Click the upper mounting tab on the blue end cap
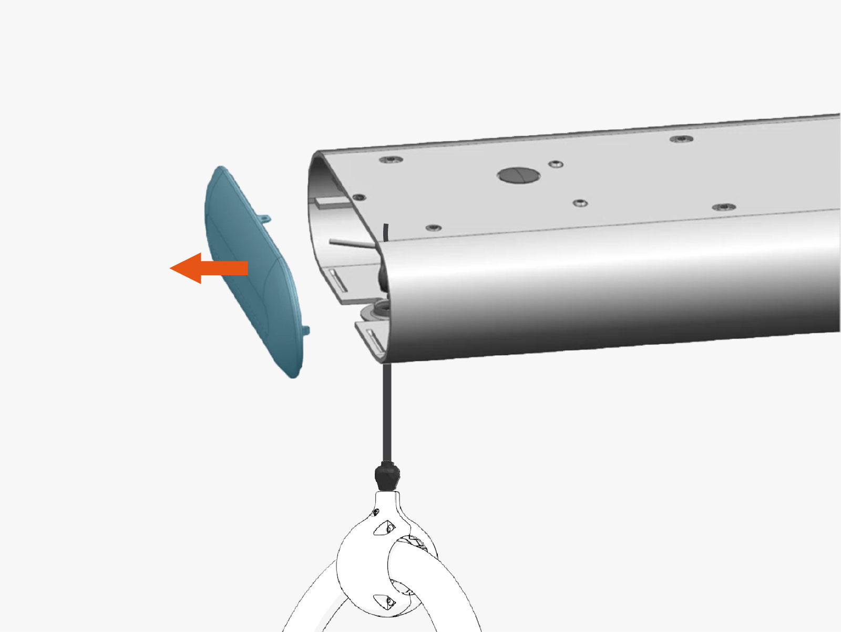click(265, 218)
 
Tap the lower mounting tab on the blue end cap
click(306, 330)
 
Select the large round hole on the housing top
click(518, 175)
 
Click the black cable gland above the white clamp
click(387, 475)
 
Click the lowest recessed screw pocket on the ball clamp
click(384, 600)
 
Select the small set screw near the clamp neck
click(376, 512)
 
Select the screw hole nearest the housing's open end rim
click(359, 197)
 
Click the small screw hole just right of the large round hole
click(556, 165)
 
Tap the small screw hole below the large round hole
click(580, 203)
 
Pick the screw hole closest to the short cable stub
click(433, 228)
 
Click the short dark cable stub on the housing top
click(386, 232)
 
